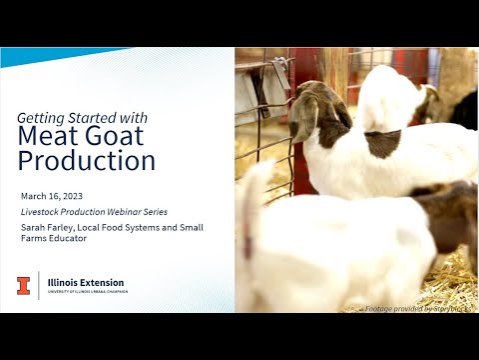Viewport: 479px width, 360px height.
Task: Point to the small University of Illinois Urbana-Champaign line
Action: click(x=85, y=292)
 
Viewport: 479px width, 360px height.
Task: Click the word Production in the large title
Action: click(x=87, y=161)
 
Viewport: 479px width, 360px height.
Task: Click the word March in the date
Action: click(x=33, y=195)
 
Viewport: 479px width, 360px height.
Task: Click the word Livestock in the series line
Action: click(x=40, y=211)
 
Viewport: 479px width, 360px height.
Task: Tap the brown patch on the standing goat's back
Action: click(x=382, y=143)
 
